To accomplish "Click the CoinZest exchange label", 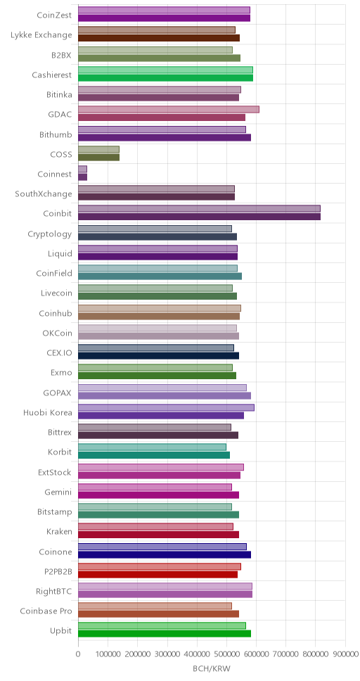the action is click(x=54, y=15).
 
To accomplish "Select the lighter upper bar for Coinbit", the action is click(x=199, y=208).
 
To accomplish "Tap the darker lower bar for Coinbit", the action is click(x=199, y=217).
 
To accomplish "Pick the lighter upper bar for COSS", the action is click(x=98, y=149).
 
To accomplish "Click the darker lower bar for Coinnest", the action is click(x=82, y=177).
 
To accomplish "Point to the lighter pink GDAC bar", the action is click(x=169, y=109).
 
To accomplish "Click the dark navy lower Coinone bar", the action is click(x=165, y=554).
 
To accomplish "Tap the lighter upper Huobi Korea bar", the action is click(x=167, y=407).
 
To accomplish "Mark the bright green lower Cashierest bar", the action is click(x=165, y=78).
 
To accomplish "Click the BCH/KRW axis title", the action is click(x=212, y=669).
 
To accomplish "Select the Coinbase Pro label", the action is click(x=46, y=611).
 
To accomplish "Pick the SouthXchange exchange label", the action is click(x=44, y=193).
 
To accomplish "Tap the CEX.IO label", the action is click(x=60, y=352).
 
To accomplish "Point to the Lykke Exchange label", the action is click(x=41, y=35).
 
